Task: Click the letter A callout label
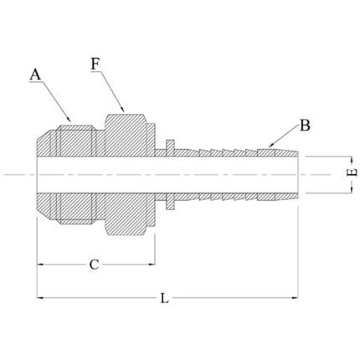[x=35, y=75]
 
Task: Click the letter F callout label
[x=95, y=64]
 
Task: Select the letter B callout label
[x=305, y=126]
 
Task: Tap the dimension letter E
[x=353, y=172]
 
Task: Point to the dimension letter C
[x=94, y=265]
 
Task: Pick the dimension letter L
[x=165, y=298]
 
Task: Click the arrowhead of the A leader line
[x=69, y=120]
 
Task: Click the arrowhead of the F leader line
[x=122, y=109]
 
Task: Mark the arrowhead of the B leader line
[x=270, y=145]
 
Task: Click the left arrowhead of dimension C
[x=40, y=265]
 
